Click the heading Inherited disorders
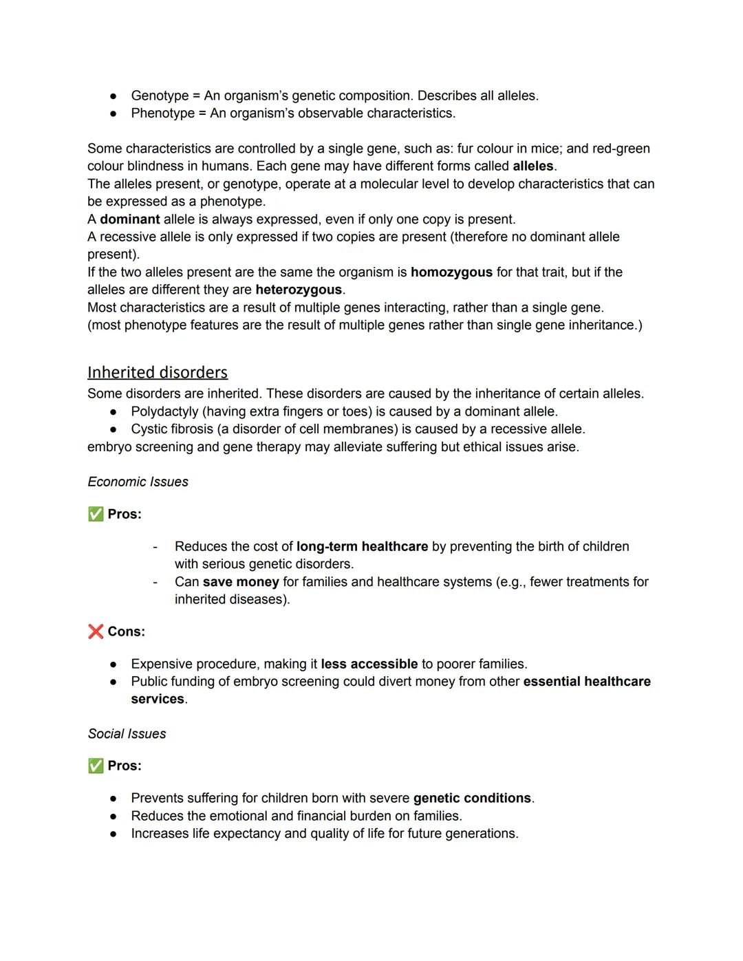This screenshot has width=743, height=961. [157, 372]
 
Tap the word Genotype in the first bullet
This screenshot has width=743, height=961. [160, 96]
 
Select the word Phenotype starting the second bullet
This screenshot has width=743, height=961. [162, 113]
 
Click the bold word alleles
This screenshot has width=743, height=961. [533, 166]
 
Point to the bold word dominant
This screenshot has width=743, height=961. [129, 219]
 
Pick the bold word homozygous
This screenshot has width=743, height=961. [451, 272]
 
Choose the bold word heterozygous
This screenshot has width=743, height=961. [299, 290]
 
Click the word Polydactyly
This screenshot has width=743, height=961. [165, 411]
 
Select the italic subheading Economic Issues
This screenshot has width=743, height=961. [138, 482]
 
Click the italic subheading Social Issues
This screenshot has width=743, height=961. [127, 734]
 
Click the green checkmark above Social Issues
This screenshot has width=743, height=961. [96, 514]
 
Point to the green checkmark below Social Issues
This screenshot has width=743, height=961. [96, 766]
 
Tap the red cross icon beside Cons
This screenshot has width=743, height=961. [96, 631]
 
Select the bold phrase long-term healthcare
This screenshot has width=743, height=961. [362, 546]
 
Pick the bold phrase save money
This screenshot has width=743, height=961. [241, 582]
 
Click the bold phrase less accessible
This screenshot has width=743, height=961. [369, 664]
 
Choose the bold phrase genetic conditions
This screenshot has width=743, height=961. [472, 798]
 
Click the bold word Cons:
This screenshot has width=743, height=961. [126, 631]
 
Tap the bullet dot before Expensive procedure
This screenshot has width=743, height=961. [113, 665]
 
